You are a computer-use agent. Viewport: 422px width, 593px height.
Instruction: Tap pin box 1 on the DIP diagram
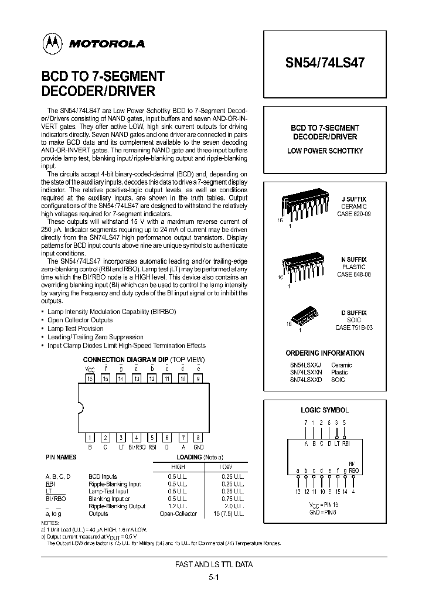pyautogui.click(x=90, y=437)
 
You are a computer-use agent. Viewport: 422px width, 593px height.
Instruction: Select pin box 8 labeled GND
pyautogui.click(x=199, y=437)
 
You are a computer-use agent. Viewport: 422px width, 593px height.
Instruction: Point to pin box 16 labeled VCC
pyautogui.click(x=90, y=379)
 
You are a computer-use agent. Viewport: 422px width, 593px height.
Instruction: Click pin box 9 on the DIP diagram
pyautogui.click(x=199, y=379)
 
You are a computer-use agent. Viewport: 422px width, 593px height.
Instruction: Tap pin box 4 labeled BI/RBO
pyautogui.click(x=136, y=437)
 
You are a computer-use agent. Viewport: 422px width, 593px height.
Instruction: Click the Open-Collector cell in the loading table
pyautogui.click(x=178, y=513)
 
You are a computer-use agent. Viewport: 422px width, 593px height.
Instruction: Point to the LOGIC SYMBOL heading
pyautogui.click(x=324, y=410)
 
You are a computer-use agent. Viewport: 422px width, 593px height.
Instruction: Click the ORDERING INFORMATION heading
pyautogui.click(x=324, y=353)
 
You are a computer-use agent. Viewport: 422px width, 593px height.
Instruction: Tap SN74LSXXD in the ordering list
pyautogui.click(x=305, y=380)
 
